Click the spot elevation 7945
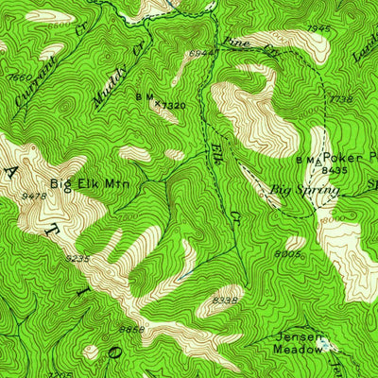pyautogui.click(x=318, y=28)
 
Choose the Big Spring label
pyautogui.click(x=304, y=190)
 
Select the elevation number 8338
pyautogui.click(x=224, y=301)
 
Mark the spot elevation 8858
pyautogui.click(x=132, y=330)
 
